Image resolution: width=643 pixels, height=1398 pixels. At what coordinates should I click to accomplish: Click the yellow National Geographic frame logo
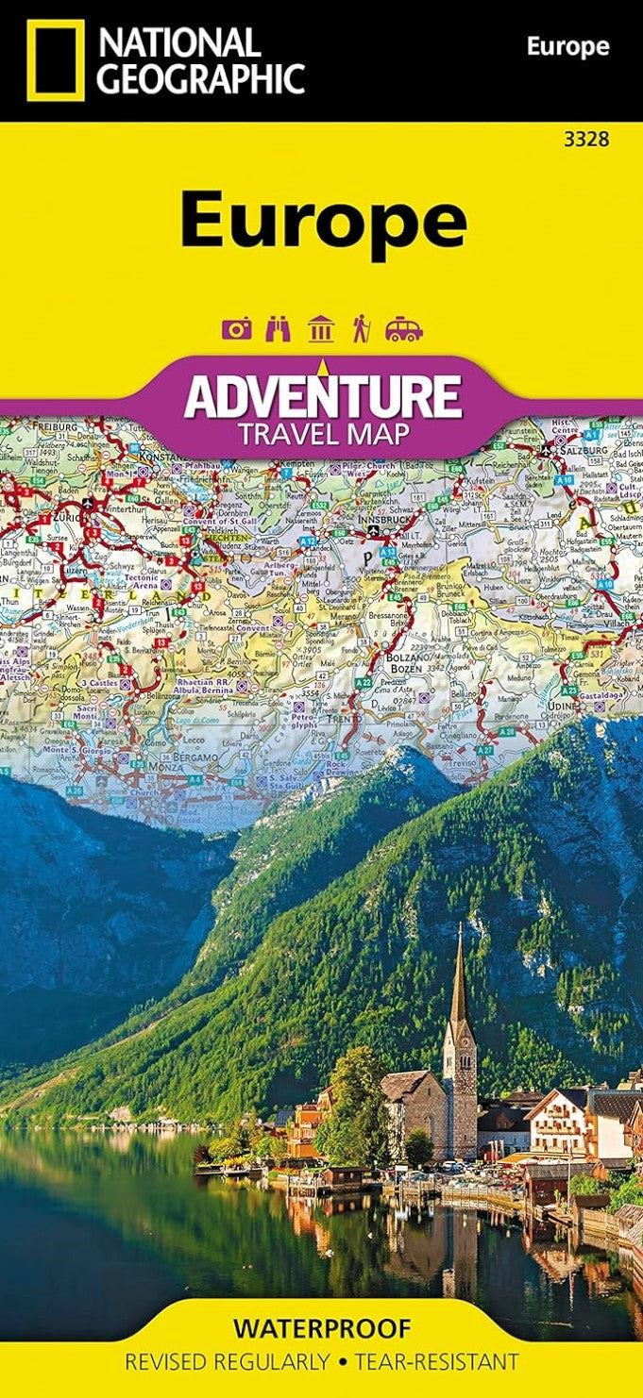coord(55,59)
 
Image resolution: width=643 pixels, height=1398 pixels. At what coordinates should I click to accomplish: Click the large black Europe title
coord(323,219)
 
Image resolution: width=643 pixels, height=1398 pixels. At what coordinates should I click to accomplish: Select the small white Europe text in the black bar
coord(567,46)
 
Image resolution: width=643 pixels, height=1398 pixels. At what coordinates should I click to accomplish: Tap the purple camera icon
coord(237,329)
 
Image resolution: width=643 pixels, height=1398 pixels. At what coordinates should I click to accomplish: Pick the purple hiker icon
coord(361,329)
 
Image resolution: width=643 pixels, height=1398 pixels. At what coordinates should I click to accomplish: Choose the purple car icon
coord(403,329)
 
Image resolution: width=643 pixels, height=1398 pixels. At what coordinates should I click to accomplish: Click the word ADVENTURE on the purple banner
coord(323,396)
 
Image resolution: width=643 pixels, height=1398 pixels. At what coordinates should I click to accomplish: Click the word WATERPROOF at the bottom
coord(322,1329)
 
